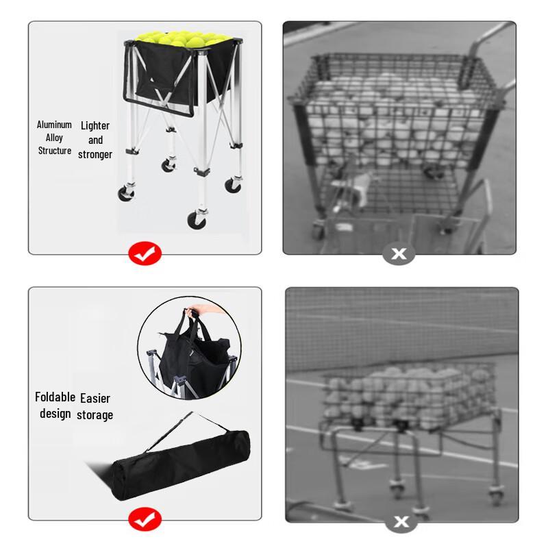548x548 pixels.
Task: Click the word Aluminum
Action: point(54,125)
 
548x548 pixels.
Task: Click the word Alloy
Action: point(54,138)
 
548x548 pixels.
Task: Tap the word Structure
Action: point(54,151)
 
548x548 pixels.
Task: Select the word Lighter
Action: point(95,125)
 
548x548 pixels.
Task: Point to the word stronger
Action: point(95,155)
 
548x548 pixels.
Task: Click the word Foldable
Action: point(55,397)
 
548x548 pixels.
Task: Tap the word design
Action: point(55,413)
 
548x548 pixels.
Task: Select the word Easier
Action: point(95,398)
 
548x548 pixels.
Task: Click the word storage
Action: point(95,414)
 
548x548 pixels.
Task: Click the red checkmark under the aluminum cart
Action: point(145,254)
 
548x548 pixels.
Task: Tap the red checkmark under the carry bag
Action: point(145,521)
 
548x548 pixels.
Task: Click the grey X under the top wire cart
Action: point(399,254)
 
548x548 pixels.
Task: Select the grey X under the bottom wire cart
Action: point(401,522)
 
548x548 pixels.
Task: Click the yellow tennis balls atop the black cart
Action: point(182,38)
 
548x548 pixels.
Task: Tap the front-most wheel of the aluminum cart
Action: point(197,220)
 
